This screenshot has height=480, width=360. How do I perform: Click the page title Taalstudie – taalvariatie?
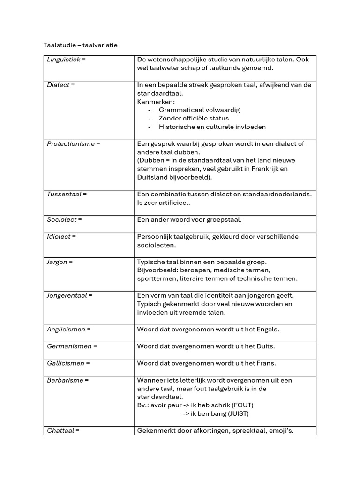click(80, 45)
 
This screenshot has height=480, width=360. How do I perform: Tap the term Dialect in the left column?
click(58, 85)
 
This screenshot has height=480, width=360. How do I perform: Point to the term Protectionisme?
click(71, 144)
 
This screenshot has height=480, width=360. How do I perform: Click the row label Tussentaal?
click(64, 194)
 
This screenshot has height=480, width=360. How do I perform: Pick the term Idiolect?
click(59, 237)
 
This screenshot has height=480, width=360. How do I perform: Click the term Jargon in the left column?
click(57, 262)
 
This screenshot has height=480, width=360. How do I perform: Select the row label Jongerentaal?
click(67, 296)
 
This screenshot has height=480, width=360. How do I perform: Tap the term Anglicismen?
click(66, 330)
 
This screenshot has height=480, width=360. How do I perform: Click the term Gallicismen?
click(66, 363)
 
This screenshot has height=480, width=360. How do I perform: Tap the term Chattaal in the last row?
click(61, 431)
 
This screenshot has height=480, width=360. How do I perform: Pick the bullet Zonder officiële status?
click(194, 119)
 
